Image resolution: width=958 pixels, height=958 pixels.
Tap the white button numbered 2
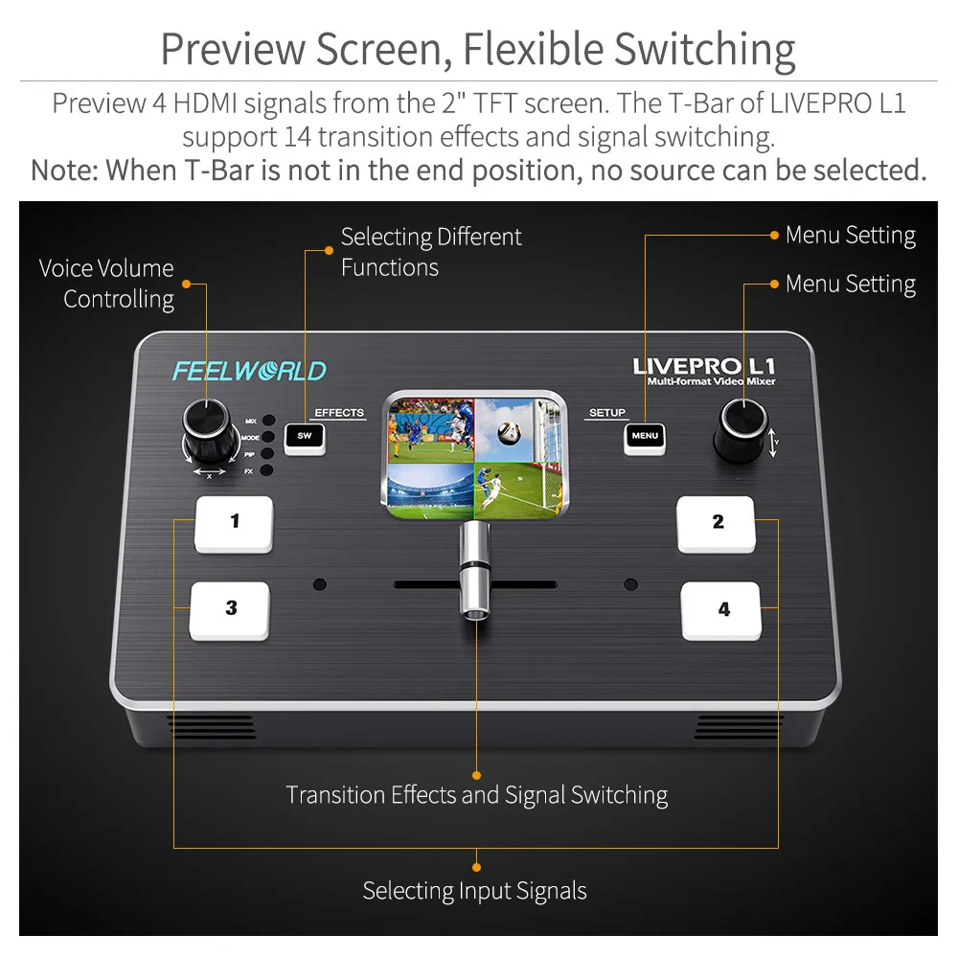click(717, 524)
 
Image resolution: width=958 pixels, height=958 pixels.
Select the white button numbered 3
click(230, 609)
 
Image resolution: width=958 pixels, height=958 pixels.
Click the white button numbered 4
click(721, 610)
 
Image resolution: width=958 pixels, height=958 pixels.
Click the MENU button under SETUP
click(645, 437)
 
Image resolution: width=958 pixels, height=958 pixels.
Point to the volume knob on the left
click(210, 427)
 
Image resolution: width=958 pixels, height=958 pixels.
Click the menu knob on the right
click(743, 428)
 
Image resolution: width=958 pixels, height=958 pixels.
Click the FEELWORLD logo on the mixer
click(249, 371)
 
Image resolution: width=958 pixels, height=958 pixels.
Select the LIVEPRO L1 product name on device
click(704, 366)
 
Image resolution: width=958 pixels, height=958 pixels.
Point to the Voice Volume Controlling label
click(107, 284)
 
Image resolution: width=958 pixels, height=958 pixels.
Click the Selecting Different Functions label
click(431, 252)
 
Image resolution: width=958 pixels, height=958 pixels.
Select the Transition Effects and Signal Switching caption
click(476, 795)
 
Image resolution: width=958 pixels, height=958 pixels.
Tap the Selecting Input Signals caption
click(474, 891)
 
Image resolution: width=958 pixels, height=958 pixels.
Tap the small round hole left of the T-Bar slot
click(319, 583)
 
